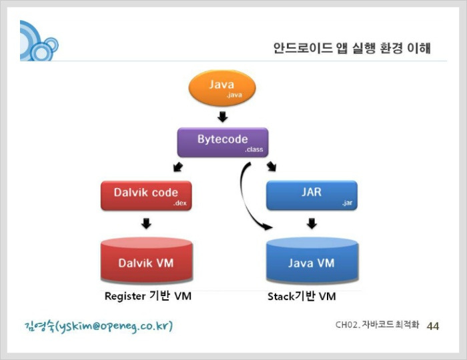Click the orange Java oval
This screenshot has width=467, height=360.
click(222, 88)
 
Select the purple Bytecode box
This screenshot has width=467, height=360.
click(223, 143)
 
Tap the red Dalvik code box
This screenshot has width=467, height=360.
click(146, 196)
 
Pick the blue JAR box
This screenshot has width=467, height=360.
click(312, 195)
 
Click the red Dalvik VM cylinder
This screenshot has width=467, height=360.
click(147, 260)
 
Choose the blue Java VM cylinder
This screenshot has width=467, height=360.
click(312, 260)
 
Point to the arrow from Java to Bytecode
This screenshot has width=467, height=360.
click(222, 117)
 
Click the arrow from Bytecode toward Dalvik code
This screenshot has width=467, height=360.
click(178, 167)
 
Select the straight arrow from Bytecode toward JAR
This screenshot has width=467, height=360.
click(272, 167)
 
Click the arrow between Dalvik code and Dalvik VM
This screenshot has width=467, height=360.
click(146, 223)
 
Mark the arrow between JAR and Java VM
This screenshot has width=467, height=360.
click(312, 223)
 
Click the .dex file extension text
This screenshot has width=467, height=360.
click(180, 203)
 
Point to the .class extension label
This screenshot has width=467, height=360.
click(254, 149)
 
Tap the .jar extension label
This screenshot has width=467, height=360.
click(348, 203)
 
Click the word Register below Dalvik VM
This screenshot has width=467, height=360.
click(125, 296)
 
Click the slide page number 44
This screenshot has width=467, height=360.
click(433, 326)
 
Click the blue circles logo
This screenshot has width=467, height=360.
click(39, 41)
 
